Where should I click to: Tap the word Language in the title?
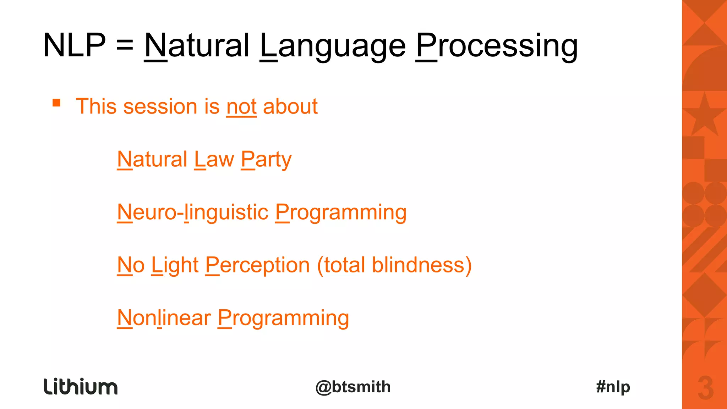tap(333, 46)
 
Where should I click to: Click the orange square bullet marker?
tap(56, 103)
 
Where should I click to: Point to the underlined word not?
tap(241, 106)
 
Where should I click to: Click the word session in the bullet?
tap(160, 106)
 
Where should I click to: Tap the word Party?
tap(266, 160)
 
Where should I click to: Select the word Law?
tap(214, 160)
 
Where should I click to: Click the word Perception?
tap(258, 265)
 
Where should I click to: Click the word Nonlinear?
tap(164, 318)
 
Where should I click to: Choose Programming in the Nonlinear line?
tap(283, 318)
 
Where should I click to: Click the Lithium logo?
tap(81, 387)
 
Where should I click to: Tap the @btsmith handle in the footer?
tap(353, 387)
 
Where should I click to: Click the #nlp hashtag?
tap(613, 387)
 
